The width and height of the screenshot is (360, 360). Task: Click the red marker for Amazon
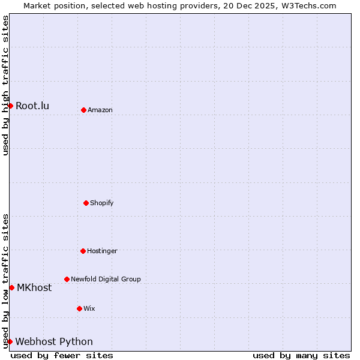coord(83,110)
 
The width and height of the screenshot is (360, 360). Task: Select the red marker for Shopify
coord(86,203)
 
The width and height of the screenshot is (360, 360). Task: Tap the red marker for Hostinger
coord(83,251)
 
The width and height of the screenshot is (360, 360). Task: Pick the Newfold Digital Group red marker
coord(67,279)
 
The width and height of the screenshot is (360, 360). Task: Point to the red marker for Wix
coord(79,308)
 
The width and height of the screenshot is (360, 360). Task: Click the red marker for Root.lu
coord(10,106)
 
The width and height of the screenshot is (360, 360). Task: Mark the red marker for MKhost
coord(11,287)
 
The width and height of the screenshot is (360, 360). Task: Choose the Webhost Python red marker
coord(10,341)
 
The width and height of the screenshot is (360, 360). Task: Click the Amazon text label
coord(100,110)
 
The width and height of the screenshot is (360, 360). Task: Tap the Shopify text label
coord(102,203)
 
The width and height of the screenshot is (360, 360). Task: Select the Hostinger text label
coord(102,251)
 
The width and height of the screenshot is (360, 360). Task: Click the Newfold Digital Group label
coord(106,280)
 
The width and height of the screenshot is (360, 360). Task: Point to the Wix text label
coord(89,309)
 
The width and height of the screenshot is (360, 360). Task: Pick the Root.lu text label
coord(32,106)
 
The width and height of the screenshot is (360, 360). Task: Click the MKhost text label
coord(34,288)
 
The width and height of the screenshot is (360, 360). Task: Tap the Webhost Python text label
coord(54,342)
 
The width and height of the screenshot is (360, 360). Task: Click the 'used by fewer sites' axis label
coord(62,355)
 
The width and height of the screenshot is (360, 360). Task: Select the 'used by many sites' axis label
coord(301,355)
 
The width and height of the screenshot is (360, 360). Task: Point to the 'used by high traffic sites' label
coord(5,85)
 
